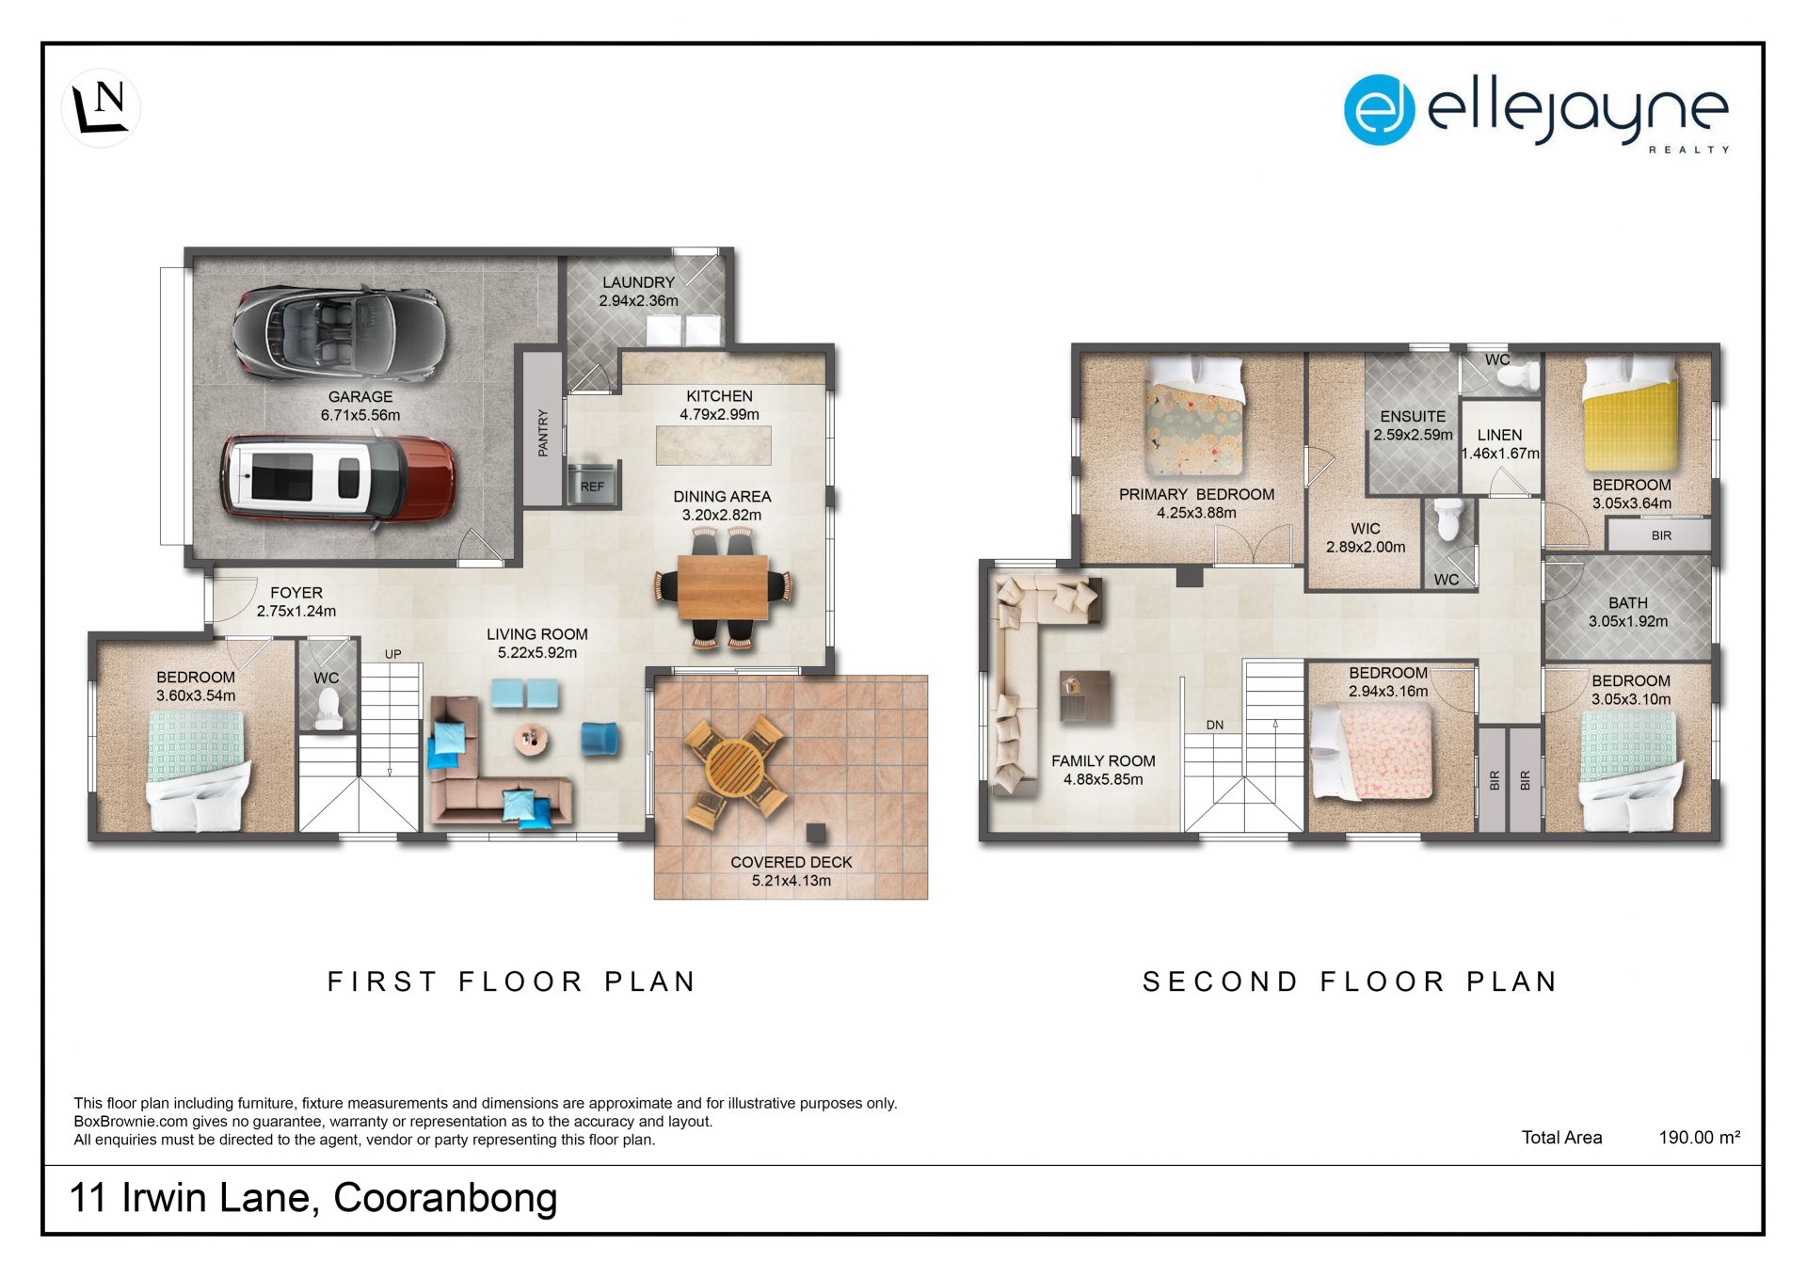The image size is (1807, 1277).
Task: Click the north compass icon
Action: pyautogui.click(x=101, y=108)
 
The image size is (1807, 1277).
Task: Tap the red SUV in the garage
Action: pyautogui.click(x=339, y=480)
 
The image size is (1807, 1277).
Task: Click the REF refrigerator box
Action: pyautogui.click(x=592, y=484)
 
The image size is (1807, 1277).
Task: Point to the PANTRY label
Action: pyautogui.click(x=543, y=432)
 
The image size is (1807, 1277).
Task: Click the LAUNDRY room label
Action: pyautogui.click(x=639, y=282)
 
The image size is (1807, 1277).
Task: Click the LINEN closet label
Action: pyautogui.click(x=1499, y=435)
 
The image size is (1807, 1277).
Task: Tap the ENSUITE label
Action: pyautogui.click(x=1413, y=416)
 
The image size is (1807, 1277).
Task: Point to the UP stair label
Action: pyautogui.click(x=392, y=654)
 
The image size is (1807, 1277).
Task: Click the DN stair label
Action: pyautogui.click(x=1215, y=725)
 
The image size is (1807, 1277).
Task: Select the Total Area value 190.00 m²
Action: pyautogui.click(x=1700, y=1137)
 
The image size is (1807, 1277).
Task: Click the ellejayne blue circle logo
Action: pyautogui.click(x=1380, y=110)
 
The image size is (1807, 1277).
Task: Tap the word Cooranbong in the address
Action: pyautogui.click(x=445, y=1198)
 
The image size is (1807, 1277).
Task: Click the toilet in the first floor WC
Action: pyautogui.click(x=328, y=709)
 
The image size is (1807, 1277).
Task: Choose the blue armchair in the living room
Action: pyautogui.click(x=600, y=739)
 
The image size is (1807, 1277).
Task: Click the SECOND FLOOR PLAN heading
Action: pyautogui.click(x=1351, y=982)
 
